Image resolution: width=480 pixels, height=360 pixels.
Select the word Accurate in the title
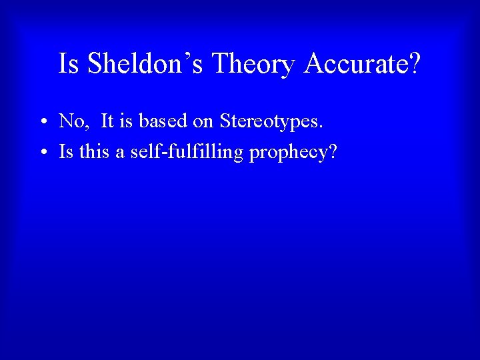pos(353,65)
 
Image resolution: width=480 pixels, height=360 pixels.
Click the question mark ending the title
pos(414,65)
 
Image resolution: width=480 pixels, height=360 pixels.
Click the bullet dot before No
pos(42,122)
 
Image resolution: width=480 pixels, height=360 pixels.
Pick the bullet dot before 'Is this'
pos(42,153)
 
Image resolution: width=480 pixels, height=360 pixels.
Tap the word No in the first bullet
pos(70,121)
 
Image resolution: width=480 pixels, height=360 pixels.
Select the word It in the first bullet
pos(107,121)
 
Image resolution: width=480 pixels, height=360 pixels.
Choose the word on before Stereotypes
pos(203,121)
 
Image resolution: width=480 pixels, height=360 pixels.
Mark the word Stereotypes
pos(269,122)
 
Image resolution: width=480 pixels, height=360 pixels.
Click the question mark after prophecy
pos(332,153)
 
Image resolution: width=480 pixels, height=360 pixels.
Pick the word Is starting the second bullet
pos(66,153)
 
